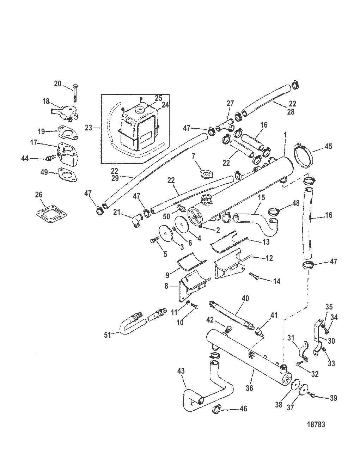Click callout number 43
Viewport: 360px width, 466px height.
(x=181, y=372)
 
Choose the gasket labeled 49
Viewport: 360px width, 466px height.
(x=67, y=175)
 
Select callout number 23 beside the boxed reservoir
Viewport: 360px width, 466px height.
(x=88, y=128)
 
